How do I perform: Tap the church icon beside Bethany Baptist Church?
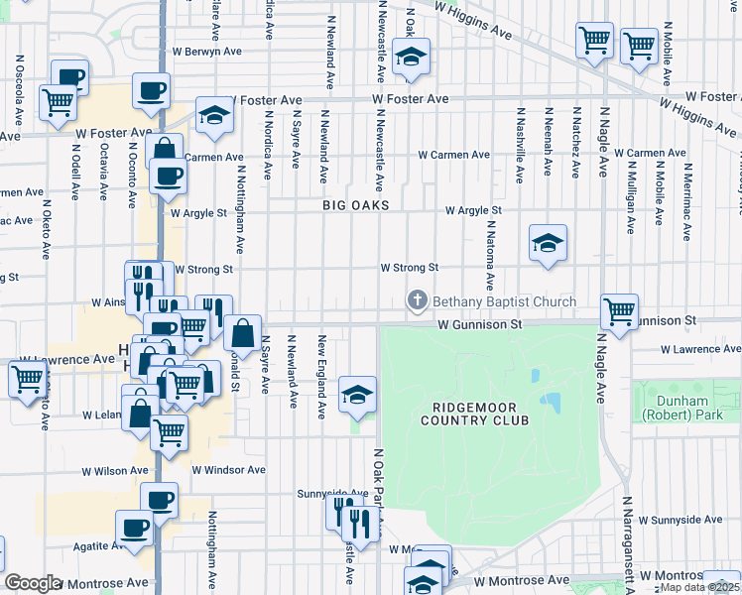coord(419,300)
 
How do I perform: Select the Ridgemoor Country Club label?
coord(480,414)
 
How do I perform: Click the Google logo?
coord(34,583)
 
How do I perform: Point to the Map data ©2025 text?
coord(698,587)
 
